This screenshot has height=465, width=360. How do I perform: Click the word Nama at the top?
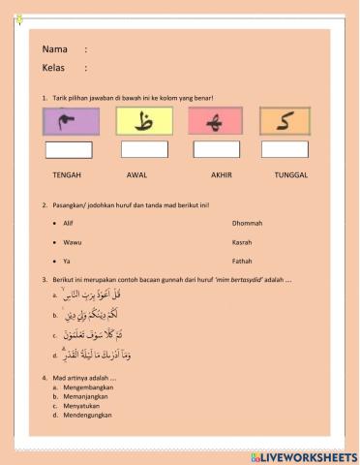[55, 48]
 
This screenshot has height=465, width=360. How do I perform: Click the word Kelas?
[54, 68]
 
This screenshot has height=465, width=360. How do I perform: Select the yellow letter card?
[145, 121]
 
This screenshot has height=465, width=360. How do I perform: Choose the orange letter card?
[285, 121]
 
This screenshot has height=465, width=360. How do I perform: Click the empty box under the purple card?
[69, 149]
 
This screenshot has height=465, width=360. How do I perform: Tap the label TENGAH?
[67, 175]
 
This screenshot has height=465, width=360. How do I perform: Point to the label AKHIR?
[223, 175]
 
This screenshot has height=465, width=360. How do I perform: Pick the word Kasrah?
[243, 242]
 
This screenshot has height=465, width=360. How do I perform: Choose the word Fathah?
[243, 262]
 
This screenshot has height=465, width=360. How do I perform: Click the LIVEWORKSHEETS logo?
[309, 455]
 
